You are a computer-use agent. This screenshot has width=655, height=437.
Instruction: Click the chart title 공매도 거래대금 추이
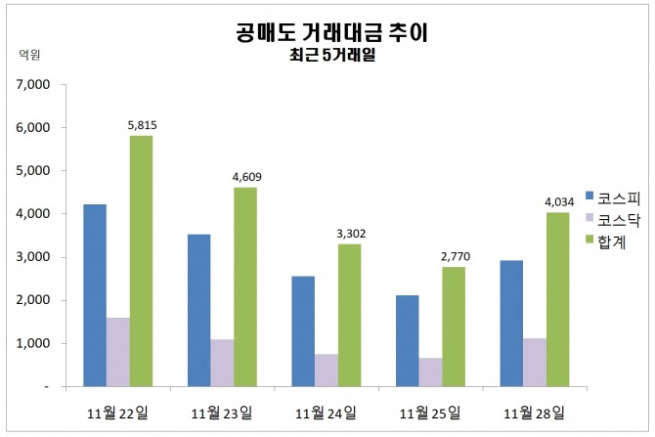(331, 33)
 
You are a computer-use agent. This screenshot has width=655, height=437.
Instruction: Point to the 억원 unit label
(30, 56)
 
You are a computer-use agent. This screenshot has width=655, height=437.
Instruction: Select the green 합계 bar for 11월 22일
(141, 260)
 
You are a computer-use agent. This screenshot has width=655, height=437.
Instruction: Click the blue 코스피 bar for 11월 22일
(95, 294)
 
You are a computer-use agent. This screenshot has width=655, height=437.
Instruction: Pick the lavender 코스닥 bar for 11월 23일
(222, 363)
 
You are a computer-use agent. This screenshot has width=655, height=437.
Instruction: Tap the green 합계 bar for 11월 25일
(455, 327)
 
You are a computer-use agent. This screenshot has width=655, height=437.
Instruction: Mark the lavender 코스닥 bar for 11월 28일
(536, 362)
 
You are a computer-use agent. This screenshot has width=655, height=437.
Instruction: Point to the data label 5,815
(143, 125)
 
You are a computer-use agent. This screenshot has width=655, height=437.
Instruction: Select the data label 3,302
(351, 234)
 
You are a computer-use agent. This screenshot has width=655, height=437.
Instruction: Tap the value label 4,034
(559, 202)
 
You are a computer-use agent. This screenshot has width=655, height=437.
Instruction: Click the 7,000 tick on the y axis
(32, 84)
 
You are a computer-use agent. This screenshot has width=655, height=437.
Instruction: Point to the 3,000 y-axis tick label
(32, 257)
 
